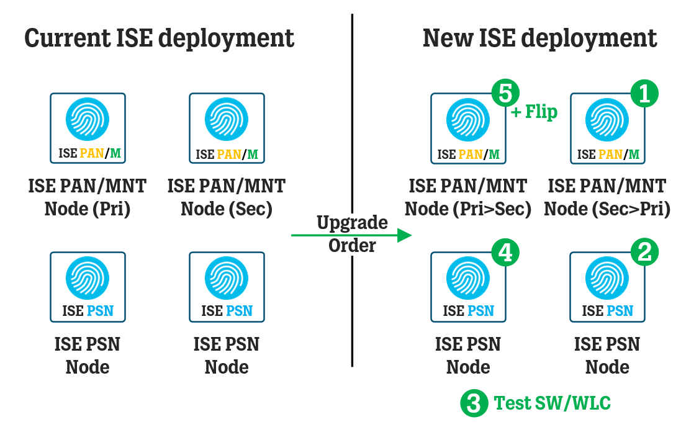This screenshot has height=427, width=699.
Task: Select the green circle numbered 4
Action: (x=505, y=252)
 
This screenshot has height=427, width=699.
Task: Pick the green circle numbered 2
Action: (x=644, y=252)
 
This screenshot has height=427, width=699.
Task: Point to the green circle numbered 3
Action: (x=474, y=403)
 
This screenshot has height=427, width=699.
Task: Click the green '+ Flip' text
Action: (x=534, y=112)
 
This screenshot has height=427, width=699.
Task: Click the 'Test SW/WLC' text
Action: (x=552, y=403)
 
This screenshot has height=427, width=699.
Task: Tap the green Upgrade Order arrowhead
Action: (x=405, y=235)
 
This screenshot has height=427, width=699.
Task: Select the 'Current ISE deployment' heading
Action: (x=160, y=38)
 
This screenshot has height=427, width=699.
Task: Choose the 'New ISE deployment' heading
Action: (x=539, y=38)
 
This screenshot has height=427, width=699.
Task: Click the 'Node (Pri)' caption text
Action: (x=88, y=209)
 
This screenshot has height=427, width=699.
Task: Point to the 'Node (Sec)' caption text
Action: (x=227, y=209)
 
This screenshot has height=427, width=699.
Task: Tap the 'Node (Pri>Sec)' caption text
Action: (x=468, y=209)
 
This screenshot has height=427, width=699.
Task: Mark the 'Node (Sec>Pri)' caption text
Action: (x=607, y=209)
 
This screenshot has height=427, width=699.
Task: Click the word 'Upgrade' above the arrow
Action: (x=352, y=222)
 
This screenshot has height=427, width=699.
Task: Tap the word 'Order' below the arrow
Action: (x=352, y=246)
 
